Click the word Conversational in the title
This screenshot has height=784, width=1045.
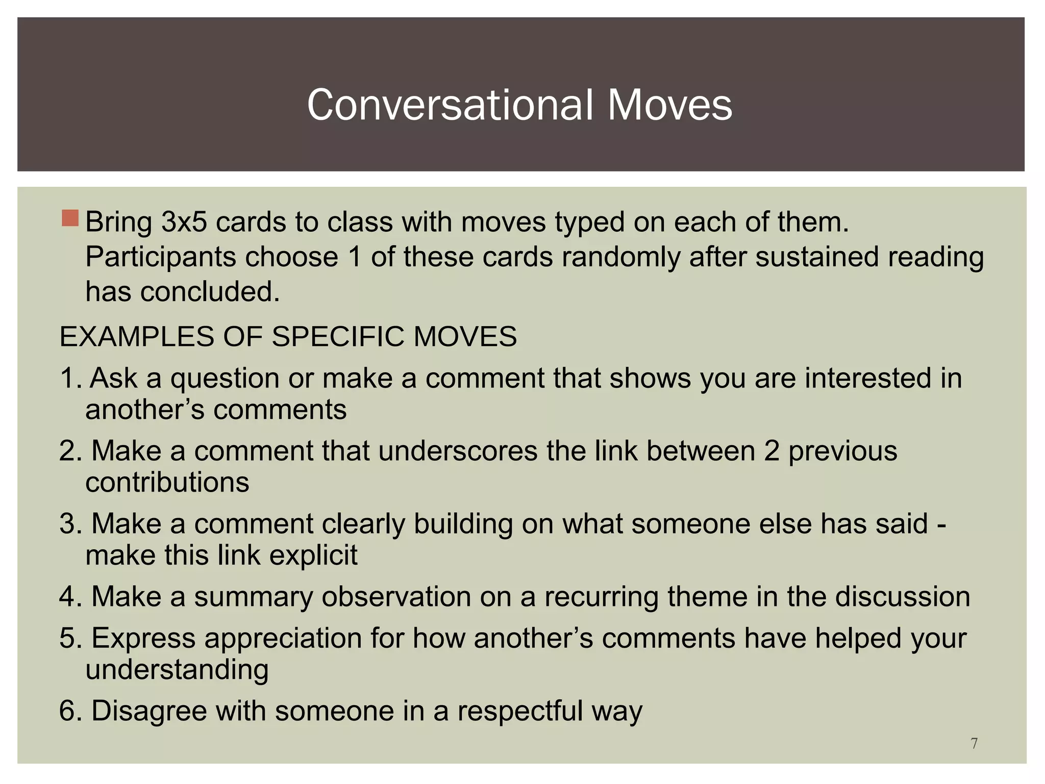coord(450,105)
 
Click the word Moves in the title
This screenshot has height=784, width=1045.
coord(669,105)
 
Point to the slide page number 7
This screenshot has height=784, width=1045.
coord(974,744)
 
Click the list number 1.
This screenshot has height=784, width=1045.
coord(70,378)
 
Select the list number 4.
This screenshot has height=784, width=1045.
coord(70,596)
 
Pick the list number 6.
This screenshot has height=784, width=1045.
coord(70,710)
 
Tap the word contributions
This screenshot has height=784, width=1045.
coord(167,482)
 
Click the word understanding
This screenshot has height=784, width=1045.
coord(177,670)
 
